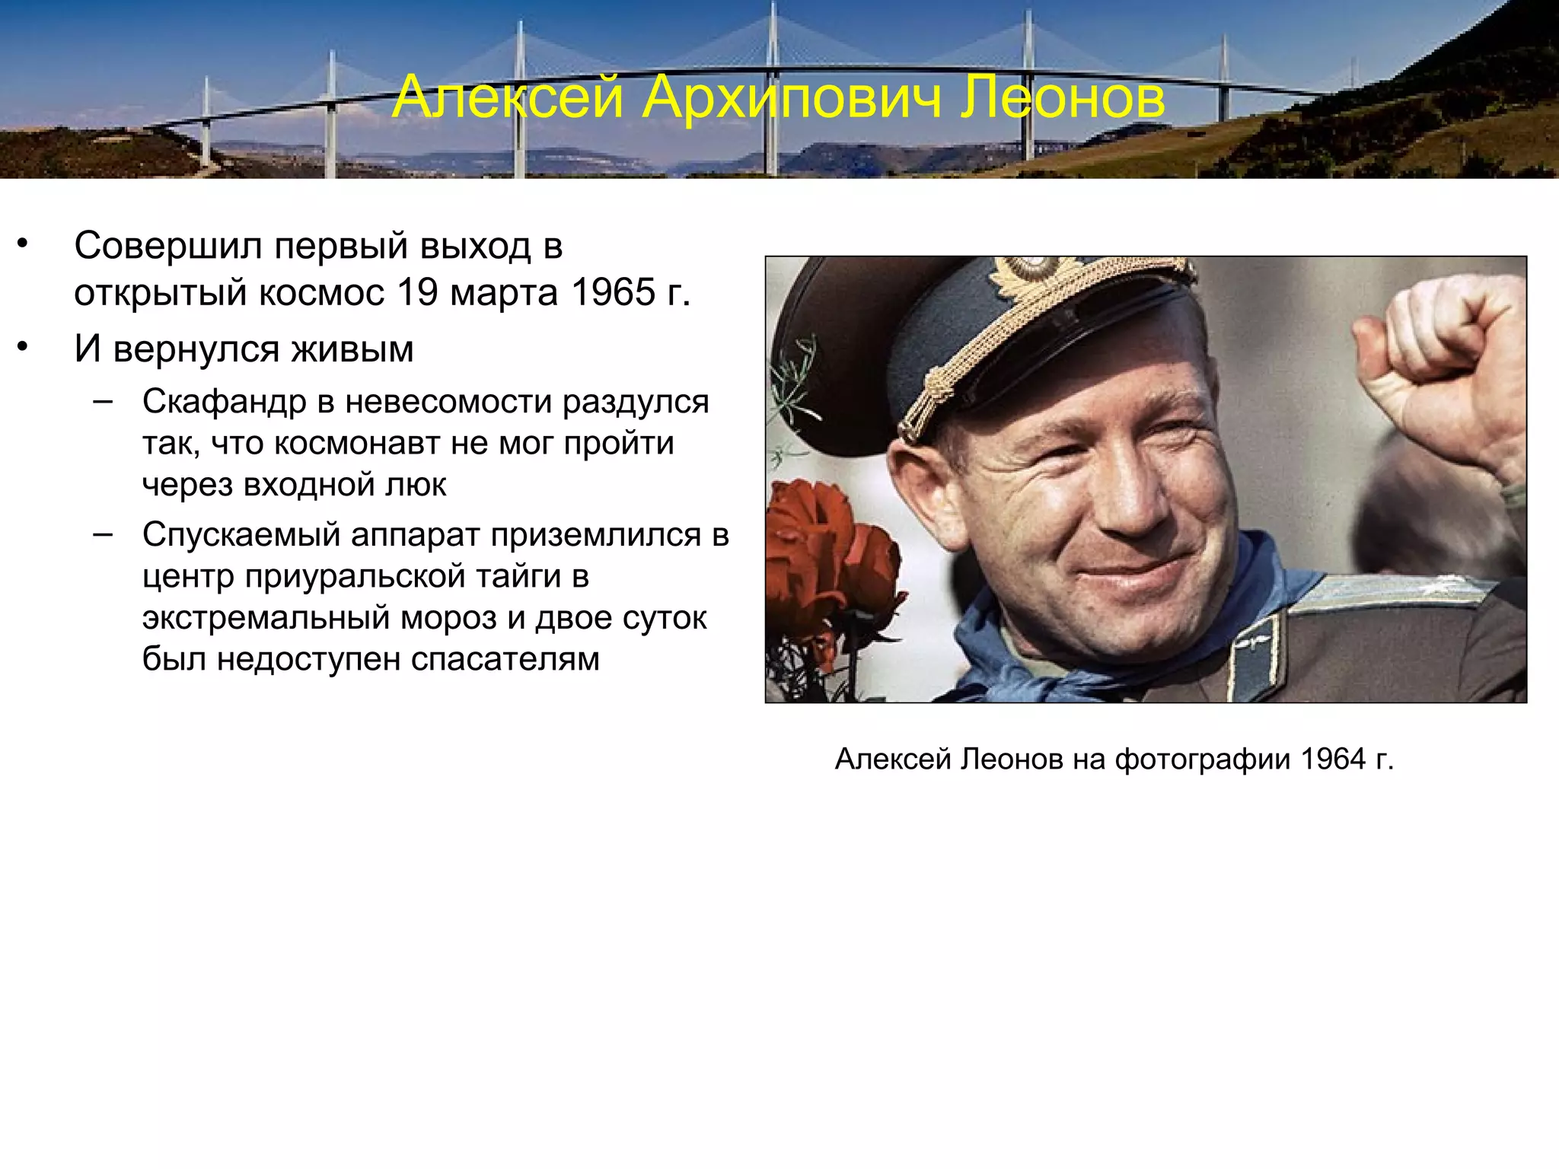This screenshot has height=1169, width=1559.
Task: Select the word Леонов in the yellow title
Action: click(x=1062, y=97)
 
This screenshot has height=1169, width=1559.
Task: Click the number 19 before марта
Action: click(x=418, y=292)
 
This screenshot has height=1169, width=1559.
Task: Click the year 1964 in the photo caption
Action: click(x=1333, y=759)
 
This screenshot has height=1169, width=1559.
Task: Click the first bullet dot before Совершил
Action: click(x=23, y=245)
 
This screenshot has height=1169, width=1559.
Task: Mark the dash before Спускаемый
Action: click(x=103, y=534)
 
